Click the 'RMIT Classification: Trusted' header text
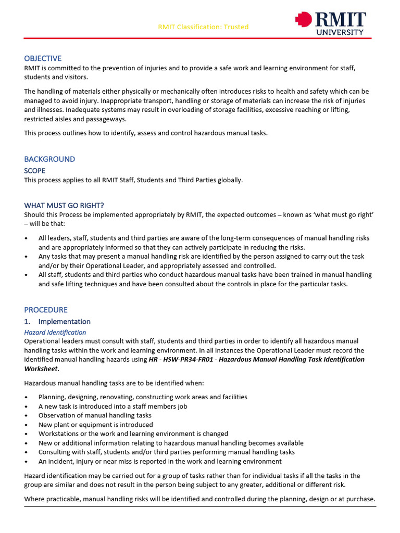(x=203, y=27)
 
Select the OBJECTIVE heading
(x=43, y=58)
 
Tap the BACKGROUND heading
(x=49, y=159)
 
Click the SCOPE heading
(x=35, y=171)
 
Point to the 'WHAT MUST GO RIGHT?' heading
(x=68, y=205)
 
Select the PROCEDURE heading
(x=46, y=310)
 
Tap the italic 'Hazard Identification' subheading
(x=55, y=332)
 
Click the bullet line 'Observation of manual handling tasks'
(x=95, y=415)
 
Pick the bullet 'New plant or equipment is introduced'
(x=95, y=424)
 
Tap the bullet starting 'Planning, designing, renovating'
(x=135, y=397)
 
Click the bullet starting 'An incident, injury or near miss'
(x=159, y=461)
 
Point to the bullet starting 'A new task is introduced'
(x=113, y=406)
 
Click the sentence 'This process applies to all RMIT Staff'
(x=133, y=180)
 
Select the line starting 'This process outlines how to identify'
(x=146, y=133)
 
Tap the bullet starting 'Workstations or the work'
(x=133, y=434)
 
